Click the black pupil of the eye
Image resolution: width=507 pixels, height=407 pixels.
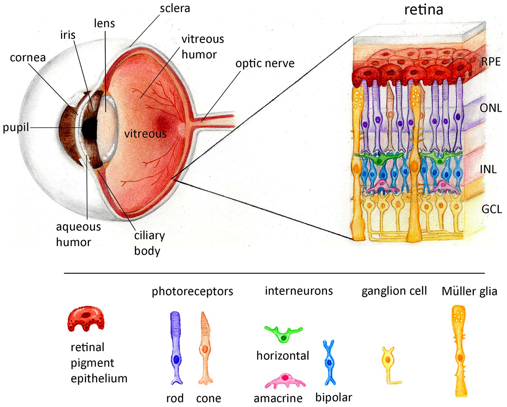[90, 129]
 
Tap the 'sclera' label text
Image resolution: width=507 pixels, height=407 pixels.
[175, 8]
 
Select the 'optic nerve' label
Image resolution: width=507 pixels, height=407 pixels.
[265, 64]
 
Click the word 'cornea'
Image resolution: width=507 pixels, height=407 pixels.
[28, 58]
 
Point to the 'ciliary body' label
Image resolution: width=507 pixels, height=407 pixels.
[149, 243]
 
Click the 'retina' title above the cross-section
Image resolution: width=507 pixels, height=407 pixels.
[423, 10]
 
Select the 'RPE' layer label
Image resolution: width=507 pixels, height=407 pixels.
[491, 62]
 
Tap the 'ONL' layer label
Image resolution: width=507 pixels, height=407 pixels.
[491, 108]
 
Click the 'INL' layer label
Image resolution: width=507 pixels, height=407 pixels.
[488, 169]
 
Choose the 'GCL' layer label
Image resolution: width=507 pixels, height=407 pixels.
[491, 209]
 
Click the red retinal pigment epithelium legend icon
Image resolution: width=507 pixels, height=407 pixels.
[86, 319]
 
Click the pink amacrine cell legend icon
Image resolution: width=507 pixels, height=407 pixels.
[285, 381]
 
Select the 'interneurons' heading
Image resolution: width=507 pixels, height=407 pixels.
[299, 291]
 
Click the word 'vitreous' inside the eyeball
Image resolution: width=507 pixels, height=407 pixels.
[145, 134]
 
